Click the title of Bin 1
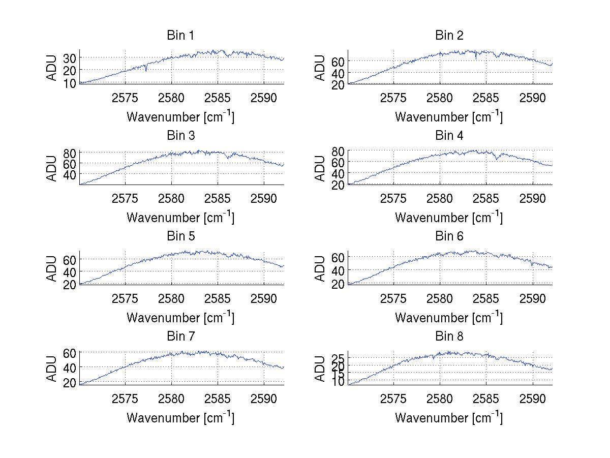pos(180,36)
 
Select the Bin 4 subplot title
pos(449,136)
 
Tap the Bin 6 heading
pos(449,236)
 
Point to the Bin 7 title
pos(180,336)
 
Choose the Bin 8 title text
pos(449,336)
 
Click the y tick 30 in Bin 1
pos(69,58)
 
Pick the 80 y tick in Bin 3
pos(69,153)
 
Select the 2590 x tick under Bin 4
pos(533,198)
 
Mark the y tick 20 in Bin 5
pos(69,284)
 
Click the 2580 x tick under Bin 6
pos(440,298)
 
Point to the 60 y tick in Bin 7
pos(69,352)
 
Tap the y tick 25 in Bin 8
pos(338,359)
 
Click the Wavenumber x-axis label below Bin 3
pos(180,217)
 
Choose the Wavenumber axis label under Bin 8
pos(449,417)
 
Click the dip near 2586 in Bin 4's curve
pos(497,159)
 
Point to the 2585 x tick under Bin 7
pos(218,399)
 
